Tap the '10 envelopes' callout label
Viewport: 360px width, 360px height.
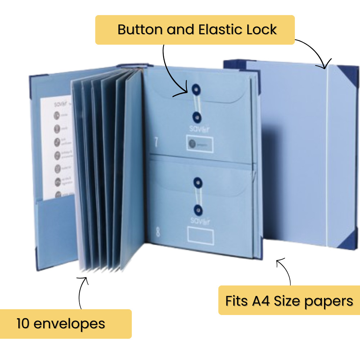pyautogui.click(x=61, y=324)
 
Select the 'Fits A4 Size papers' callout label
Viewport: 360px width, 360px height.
pyautogui.click(x=289, y=301)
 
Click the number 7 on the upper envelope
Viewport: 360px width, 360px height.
pyautogui.click(x=156, y=142)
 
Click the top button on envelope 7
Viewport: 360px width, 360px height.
pyautogui.click(x=196, y=89)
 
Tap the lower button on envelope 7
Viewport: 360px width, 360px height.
pyautogui.click(x=197, y=116)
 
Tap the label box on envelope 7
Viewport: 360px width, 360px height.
pyautogui.click(x=199, y=144)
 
